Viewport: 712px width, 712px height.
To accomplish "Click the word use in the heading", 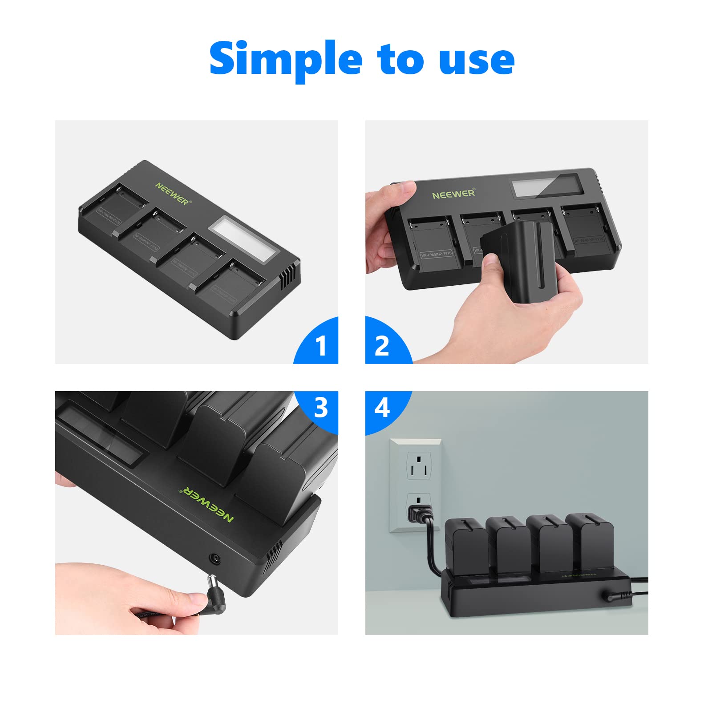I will point(476,60).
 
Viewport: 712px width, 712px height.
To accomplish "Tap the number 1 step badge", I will point(320,345).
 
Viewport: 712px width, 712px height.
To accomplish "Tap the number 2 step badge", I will point(382,345).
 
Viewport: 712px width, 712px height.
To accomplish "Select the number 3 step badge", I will point(320,408).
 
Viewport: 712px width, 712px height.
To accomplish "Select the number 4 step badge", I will point(382,408).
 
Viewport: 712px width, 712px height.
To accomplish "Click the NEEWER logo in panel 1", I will point(173,193).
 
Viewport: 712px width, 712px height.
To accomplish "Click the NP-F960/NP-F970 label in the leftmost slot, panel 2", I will point(436,254).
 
